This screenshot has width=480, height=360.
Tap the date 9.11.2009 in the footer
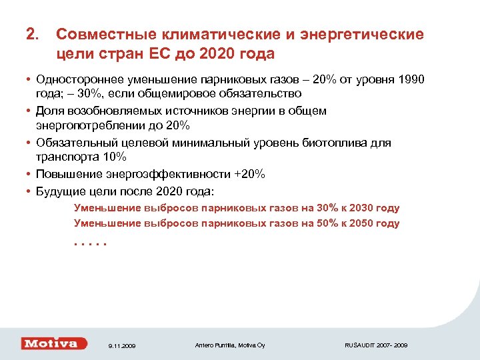click(x=121, y=346)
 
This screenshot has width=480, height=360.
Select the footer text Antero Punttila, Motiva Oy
click(x=230, y=345)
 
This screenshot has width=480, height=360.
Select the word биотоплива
click(x=338, y=143)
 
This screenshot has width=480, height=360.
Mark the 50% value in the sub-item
click(x=327, y=223)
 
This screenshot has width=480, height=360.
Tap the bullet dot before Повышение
click(x=29, y=174)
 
